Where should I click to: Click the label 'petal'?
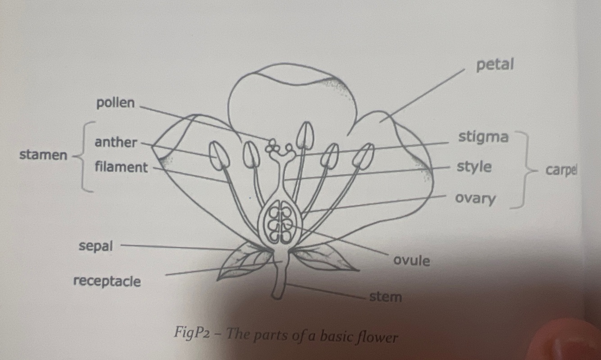[494, 65]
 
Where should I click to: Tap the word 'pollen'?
[115, 103]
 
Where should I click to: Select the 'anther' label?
[115, 142]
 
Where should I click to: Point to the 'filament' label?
[121, 168]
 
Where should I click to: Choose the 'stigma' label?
[483, 137]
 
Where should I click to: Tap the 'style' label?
[474, 167]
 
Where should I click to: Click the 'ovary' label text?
[475, 198]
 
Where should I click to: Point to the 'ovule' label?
[411, 260]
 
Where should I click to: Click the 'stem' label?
[385, 297]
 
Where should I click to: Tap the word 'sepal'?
[96, 246]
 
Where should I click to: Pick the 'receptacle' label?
[107, 282]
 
